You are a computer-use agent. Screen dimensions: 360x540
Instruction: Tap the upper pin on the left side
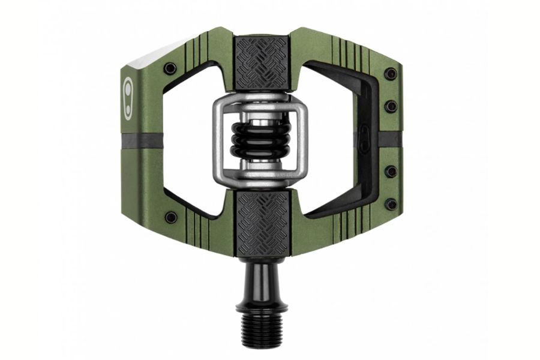click(170, 68)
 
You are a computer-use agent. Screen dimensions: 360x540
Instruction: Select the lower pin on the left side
click(171, 217)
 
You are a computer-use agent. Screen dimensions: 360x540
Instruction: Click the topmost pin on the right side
click(391, 74)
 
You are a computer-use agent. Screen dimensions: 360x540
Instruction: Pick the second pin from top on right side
click(391, 107)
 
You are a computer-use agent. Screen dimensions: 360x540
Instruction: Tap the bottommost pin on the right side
click(391, 205)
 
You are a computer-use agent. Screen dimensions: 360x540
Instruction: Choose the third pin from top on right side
click(391, 172)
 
